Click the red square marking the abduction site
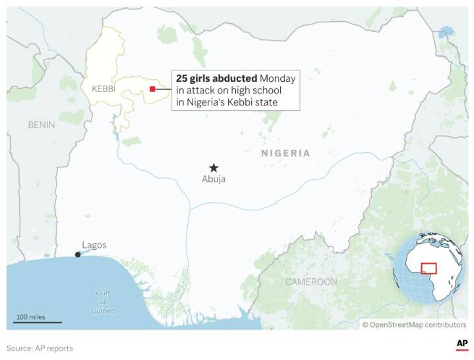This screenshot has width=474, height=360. click(152, 89)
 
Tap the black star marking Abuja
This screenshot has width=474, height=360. click(213, 168)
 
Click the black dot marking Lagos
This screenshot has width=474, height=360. click(78, 255)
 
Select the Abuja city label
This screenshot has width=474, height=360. click(214, 179)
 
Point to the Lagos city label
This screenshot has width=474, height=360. click(94, 245)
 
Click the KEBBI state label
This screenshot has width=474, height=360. click(103, 88)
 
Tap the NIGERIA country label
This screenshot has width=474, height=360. click(285, 153)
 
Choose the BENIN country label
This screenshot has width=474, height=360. click(42, 124)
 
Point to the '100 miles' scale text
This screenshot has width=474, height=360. click(30, 316)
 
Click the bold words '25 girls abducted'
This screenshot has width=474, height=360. click(216, 78)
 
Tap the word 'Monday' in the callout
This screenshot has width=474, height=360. click(278, 78)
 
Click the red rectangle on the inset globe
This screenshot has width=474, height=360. click(429, 268)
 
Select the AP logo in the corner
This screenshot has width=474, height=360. click(461, 345)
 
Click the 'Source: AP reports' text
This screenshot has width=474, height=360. click(40, 348)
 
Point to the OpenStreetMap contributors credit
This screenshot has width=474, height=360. click(413, 324)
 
